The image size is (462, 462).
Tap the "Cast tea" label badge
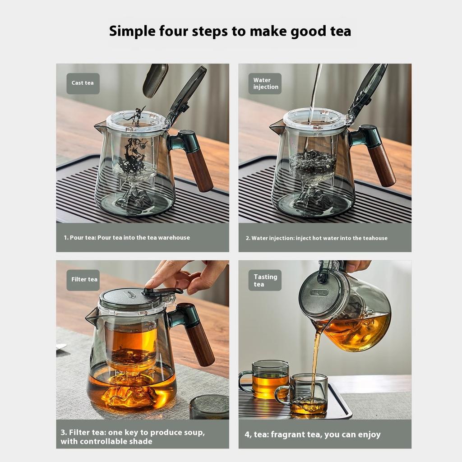(x=83, y=83)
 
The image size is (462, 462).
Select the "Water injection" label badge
(x=265, y=83)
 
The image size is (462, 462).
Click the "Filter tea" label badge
(x=84, y=279)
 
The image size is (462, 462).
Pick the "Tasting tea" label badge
(x=265, y=280)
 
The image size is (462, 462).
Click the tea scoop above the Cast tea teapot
(x=155, y=80)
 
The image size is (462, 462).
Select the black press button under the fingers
(x=162, y=291)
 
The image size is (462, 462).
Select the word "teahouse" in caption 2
(x=374, y=238)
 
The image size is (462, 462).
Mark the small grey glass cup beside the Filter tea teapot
(x=209, y=407)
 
